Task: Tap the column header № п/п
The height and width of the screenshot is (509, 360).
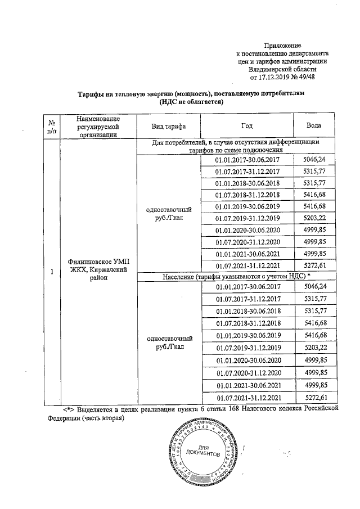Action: [x=52, y=126]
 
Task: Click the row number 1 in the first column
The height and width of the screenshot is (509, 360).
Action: [x=52, y=272]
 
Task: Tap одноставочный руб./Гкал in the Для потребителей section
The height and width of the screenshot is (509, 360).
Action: [x=169, y=213]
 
